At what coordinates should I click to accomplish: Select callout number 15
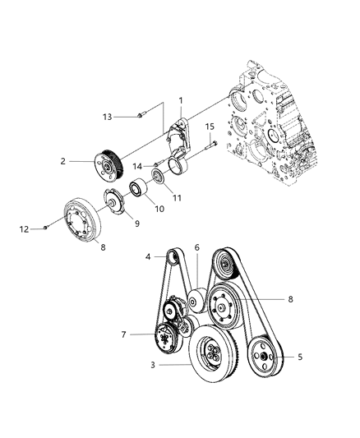coord(209,127)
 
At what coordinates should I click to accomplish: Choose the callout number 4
coord(149,257)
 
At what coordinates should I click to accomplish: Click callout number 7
coord(124,334)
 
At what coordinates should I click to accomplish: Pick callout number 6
coord(196,247)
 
